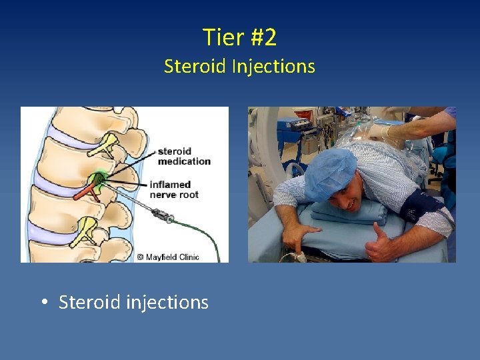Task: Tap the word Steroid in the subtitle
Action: point(195,67)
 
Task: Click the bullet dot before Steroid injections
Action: point(43,303)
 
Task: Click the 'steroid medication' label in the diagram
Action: point(183,156)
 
